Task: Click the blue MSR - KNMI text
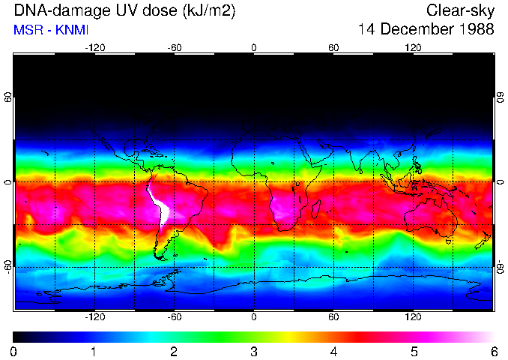point(51,31)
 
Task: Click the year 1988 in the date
point(474,30)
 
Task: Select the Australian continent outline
point(431,214)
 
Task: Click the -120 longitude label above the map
point(94,48)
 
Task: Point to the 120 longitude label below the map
point(413,317)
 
